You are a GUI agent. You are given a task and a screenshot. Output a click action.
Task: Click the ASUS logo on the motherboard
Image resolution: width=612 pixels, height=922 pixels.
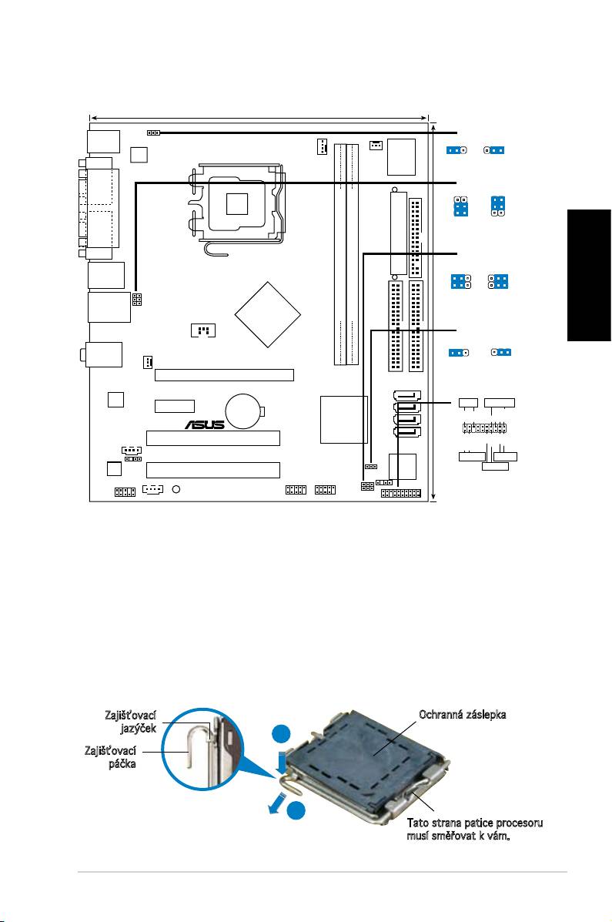[x=205, y=424]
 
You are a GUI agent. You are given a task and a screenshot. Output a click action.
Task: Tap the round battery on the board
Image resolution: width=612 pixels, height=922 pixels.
[x=245, y=411]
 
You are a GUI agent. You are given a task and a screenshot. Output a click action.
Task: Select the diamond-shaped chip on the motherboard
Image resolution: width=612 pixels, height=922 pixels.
[x=267, y=314]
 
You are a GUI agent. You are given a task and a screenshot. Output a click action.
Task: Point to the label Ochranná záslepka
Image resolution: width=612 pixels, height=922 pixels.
[x=462, y=715]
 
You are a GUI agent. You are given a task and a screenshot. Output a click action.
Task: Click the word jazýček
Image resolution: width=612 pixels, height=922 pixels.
[x=138, y=729]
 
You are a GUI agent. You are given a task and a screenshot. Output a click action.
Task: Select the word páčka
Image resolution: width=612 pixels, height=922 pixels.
[x=122, y=764]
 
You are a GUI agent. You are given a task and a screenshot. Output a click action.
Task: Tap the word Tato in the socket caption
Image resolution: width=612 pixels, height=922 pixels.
[x=418, y=823]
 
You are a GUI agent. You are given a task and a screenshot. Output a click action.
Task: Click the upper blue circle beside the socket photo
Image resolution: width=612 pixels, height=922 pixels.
[x=283, y=736]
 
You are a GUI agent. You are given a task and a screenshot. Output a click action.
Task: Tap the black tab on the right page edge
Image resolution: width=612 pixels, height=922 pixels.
[x=588, y=275]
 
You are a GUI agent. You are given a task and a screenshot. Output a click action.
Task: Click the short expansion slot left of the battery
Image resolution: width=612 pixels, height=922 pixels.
[x=175, y=406]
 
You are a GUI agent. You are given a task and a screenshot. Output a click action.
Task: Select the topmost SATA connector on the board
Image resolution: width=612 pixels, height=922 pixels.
[x=406, y=395]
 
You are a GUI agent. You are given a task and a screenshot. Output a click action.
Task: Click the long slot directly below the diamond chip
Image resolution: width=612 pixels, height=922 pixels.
[x=224, y=375]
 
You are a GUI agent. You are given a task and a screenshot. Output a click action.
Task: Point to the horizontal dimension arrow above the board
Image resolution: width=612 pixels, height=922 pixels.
[x=259, y=118]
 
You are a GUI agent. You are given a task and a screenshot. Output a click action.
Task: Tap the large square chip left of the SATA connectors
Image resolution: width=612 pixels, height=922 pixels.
[x=344, y=419]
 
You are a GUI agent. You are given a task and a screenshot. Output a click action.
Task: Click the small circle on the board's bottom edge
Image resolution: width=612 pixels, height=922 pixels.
[x=176, y=489]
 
